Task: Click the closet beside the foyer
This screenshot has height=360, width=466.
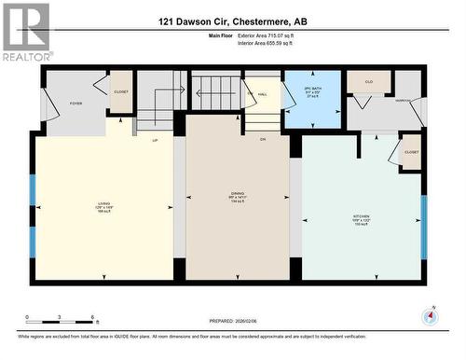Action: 121,92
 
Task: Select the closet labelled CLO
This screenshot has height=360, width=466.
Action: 368,82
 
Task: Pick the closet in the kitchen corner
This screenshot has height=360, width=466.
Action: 411,152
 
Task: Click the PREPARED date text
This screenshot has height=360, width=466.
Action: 233,321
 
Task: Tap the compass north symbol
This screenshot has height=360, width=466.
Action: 430,316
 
